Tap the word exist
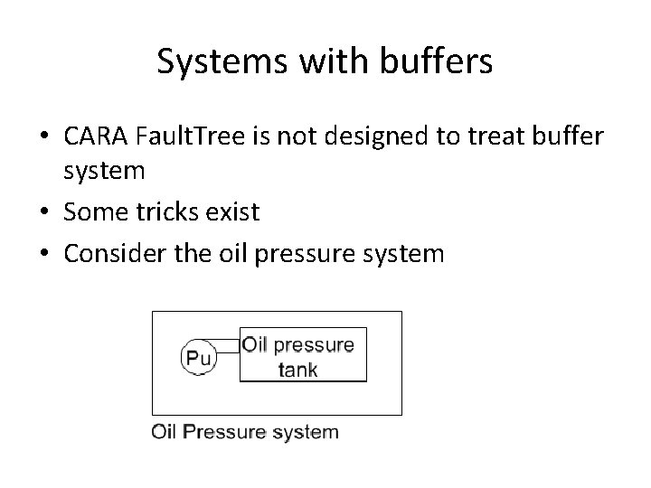(x=234, y=213)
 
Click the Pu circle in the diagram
(x=198, y=359)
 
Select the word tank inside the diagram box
(x=297, y=369)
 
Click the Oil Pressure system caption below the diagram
(x=245, y=431)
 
